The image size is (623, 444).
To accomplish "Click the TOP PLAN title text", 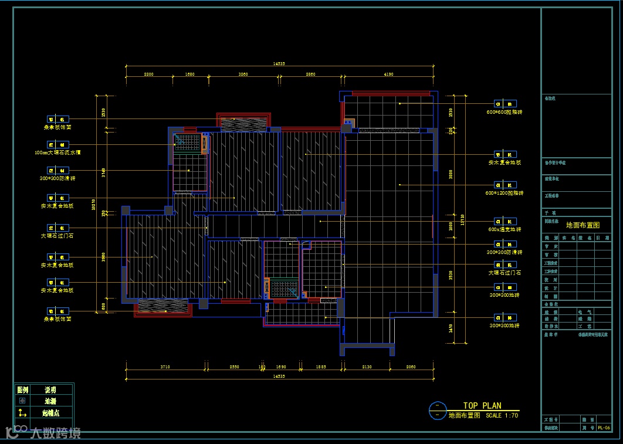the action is click(x=482, y=405).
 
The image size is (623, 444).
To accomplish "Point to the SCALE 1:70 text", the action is click(x=502, y=415).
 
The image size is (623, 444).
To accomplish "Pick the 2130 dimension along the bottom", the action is click(x=367, y=367).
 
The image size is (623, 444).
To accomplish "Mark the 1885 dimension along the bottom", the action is click(x=320, y=367).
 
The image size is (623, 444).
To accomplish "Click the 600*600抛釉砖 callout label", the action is click(x=505, y=111).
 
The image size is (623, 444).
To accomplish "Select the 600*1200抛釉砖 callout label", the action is click(x=505, y=193).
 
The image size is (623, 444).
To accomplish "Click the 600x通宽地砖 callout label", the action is click(x=505, y=229).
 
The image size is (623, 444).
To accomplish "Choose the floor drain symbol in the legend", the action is click(x=22, y=401).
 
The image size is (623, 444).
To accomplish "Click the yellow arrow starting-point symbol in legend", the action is click(x=22, y=413).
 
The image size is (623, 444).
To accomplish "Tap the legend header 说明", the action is click(x=50, y=389).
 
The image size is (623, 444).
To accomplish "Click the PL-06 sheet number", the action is click(x=604, y=428).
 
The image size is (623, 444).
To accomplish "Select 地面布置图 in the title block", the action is click(x=583, y=225).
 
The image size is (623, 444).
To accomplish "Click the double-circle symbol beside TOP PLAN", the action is click(x=437, y=410).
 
